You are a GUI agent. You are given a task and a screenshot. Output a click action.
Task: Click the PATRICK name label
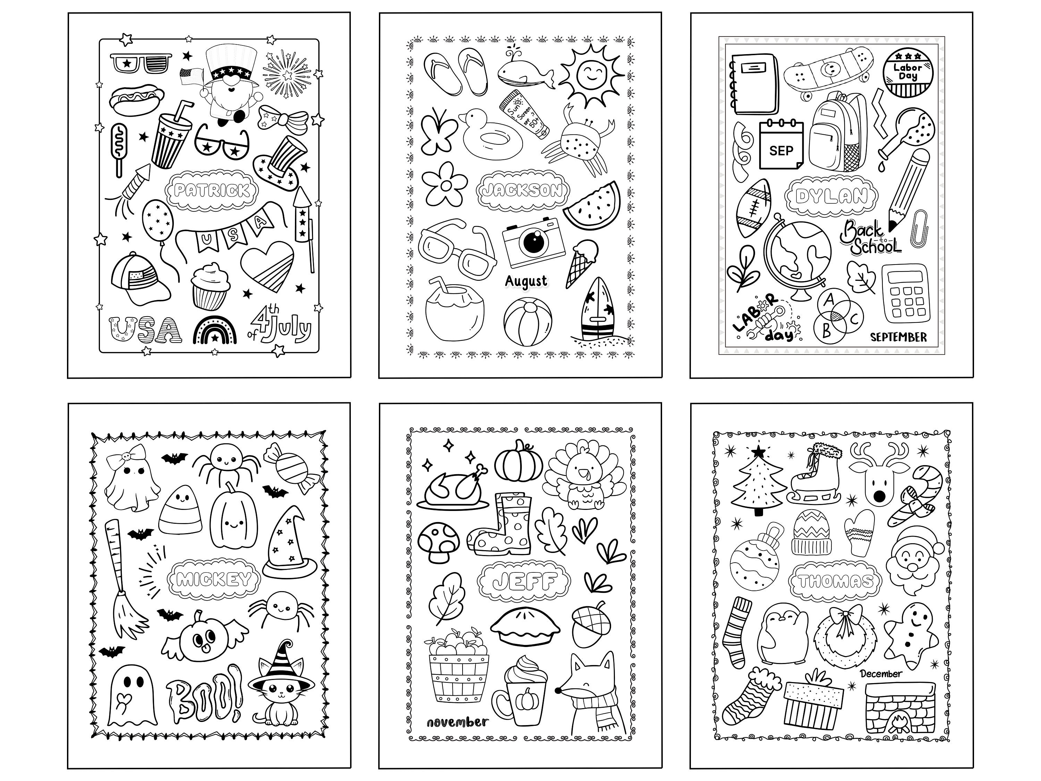tap(211, 190)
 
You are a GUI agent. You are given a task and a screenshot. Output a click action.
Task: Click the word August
tap(526, 282)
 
